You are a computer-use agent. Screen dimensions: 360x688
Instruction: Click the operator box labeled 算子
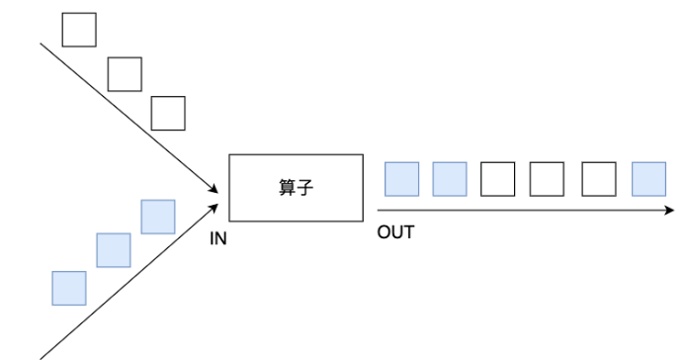click(297, 188)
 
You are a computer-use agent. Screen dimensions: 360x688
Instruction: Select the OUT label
click(394, 234)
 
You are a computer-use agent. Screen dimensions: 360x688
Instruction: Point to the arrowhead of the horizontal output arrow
click(669, 210)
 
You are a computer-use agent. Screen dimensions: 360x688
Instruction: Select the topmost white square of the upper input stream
click(79, 30)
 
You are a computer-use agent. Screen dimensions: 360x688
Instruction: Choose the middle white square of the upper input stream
click(125, 72)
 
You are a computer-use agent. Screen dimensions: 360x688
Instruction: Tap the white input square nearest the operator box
click(168, 113)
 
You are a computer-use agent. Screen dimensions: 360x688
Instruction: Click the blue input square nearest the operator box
click(158, 217)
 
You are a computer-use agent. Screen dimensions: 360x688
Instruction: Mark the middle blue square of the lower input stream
click(113, 250)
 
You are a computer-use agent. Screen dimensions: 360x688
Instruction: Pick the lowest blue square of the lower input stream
click(69, 287)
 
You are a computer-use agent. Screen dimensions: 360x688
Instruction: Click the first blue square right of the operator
click(400, 178)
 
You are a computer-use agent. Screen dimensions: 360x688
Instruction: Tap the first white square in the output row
click(498, 178)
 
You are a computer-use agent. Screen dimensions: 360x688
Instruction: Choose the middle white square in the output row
click(548, 178)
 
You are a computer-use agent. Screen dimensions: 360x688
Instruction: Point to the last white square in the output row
click(599, 178)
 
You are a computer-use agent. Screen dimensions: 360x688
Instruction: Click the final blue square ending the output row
click(648, 178)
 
